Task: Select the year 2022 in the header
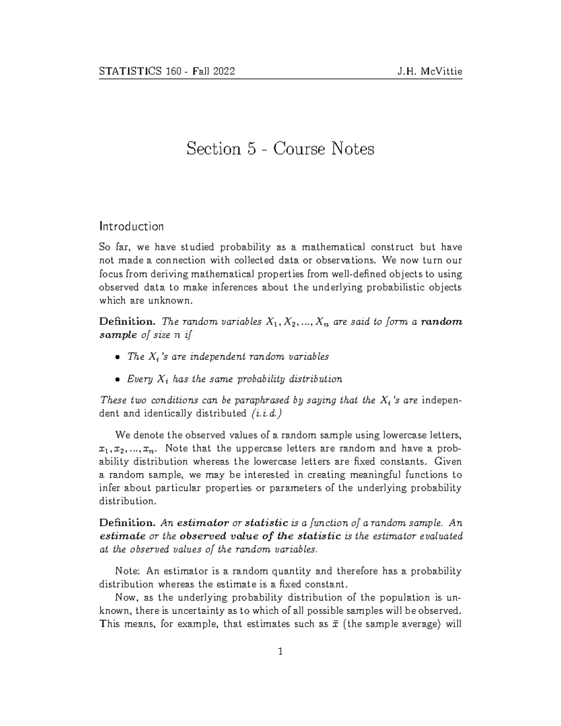point(223,72)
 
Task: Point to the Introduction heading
point(131,227)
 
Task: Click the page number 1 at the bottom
point(280,651)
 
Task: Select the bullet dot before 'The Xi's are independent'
point(116,358)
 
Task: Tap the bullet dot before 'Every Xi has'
point(116,380)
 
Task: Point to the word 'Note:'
point(128,571)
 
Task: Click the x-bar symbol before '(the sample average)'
point(335,624)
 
